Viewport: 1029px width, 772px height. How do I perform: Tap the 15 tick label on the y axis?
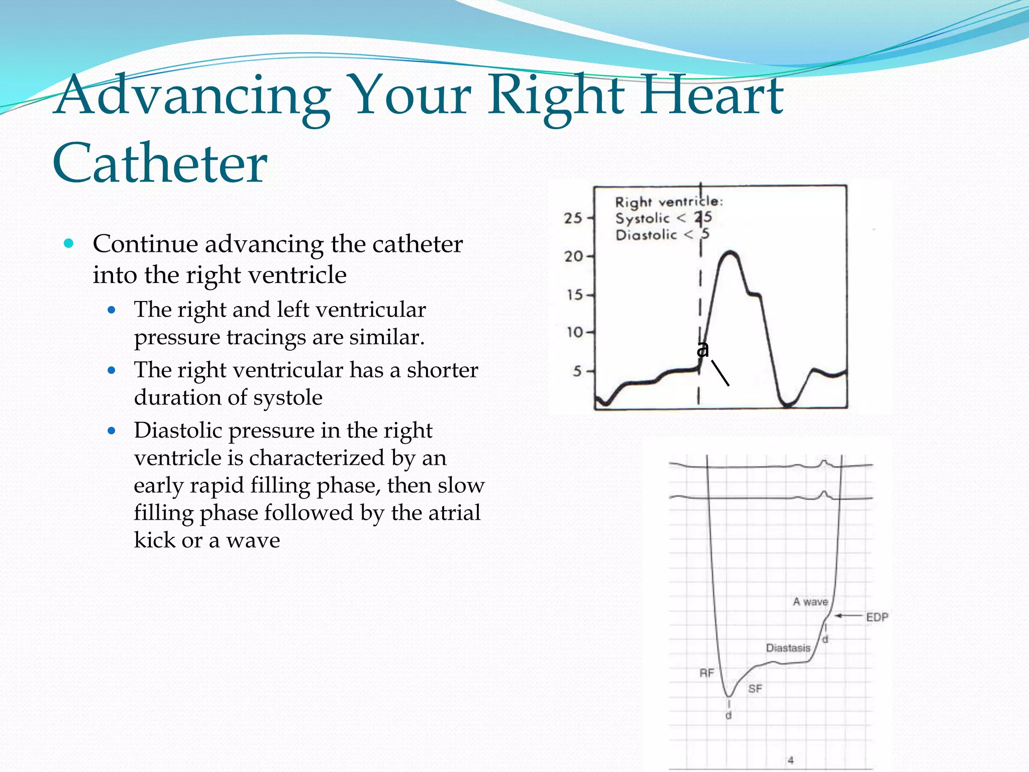(574, 295)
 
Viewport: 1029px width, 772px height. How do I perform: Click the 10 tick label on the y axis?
(574, 332)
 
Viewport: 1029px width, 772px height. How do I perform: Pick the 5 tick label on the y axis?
(577, 371)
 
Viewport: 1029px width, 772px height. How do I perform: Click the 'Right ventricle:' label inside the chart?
(669, 202)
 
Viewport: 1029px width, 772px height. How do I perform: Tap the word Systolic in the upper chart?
(643, 219)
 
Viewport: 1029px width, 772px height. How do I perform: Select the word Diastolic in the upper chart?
(646, 235)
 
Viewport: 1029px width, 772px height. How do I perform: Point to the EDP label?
(877, 617)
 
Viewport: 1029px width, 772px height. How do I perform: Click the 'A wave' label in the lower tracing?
(810, 602)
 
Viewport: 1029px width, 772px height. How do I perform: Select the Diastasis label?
(788, 648)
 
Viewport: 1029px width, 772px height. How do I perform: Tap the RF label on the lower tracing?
(706, 672)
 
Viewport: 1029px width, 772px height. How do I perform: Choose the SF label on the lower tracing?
(755, 689)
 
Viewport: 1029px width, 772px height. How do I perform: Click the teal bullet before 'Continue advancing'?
(69, 244)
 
